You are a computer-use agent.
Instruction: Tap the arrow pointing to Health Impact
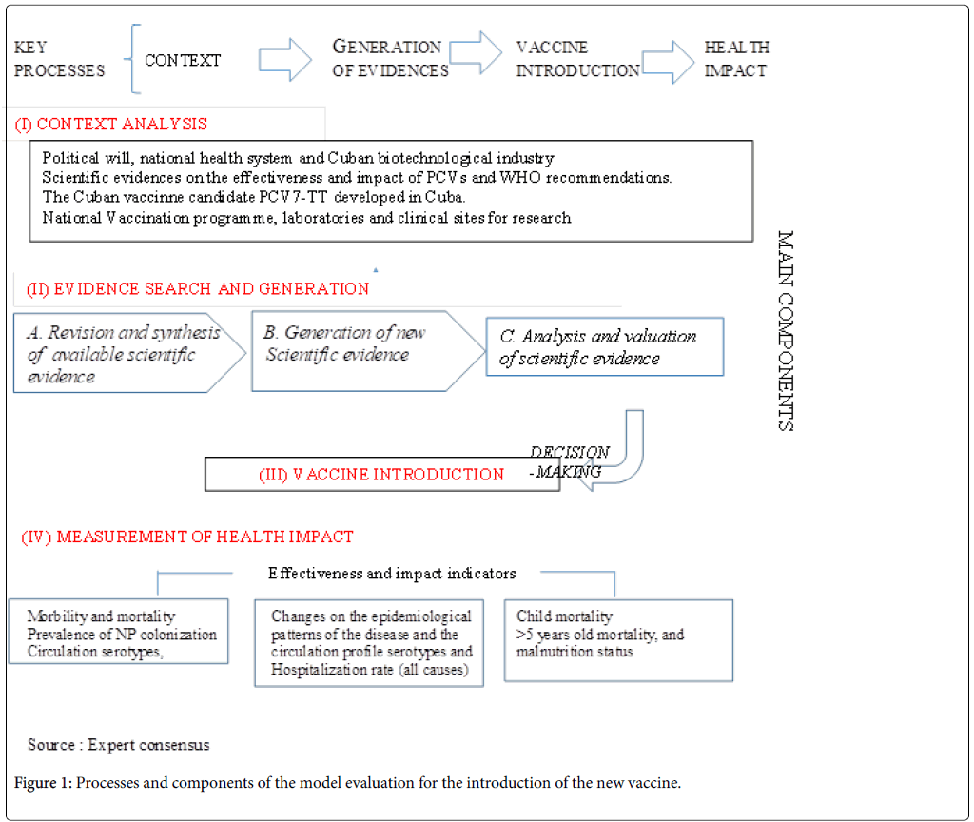tap(670, 59)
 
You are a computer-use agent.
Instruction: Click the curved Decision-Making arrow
tap(618, 457)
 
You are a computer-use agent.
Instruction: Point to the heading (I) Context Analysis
tap(111, 124)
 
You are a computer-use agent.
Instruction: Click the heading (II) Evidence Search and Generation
tap(192, 288)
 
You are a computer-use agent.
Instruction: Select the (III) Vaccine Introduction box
tap(381, 474)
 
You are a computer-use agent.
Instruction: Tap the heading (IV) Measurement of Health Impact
tap(187, 537)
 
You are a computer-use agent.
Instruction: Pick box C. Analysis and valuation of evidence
tap(604, 347)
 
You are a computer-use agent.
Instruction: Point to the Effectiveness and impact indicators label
tap(392, 574)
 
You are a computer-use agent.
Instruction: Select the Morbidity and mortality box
tap(118, 632)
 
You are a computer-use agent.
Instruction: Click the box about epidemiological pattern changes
tap(370, 642)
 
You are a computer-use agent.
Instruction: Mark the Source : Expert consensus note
tap(119, 745)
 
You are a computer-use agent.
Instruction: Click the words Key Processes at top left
tap(59, 59)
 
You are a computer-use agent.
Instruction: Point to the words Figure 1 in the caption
tap(43, 784)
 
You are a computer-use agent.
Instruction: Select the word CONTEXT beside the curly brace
tap(183, 60)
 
